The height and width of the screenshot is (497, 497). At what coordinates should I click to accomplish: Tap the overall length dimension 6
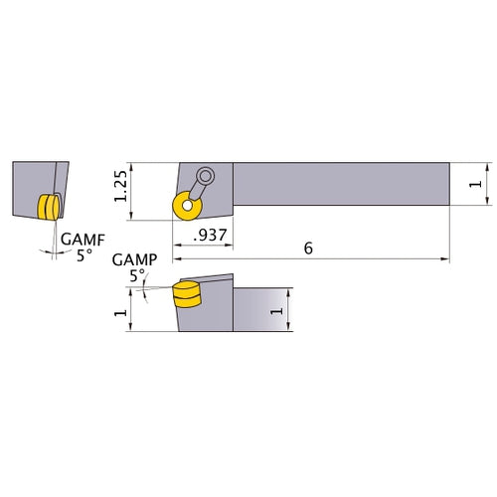(309, 248)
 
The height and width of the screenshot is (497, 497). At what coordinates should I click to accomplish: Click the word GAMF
(79, 240)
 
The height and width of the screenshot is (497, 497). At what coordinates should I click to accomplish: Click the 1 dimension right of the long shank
(476, 185)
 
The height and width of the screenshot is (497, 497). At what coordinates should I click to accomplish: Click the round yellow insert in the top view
(184, 206)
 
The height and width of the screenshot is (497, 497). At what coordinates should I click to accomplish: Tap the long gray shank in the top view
(338, 184)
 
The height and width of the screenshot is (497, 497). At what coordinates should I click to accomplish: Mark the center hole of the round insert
(184, 206)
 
